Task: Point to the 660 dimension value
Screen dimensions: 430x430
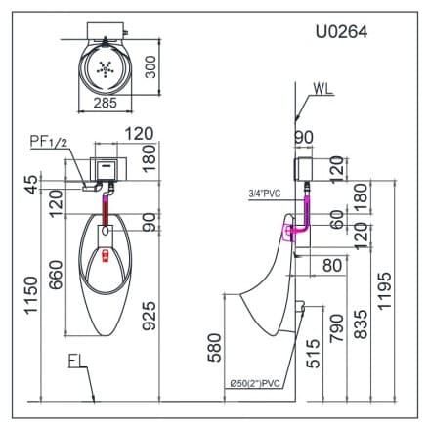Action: coord(57,282)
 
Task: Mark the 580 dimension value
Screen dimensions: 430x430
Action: coord(214,347)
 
